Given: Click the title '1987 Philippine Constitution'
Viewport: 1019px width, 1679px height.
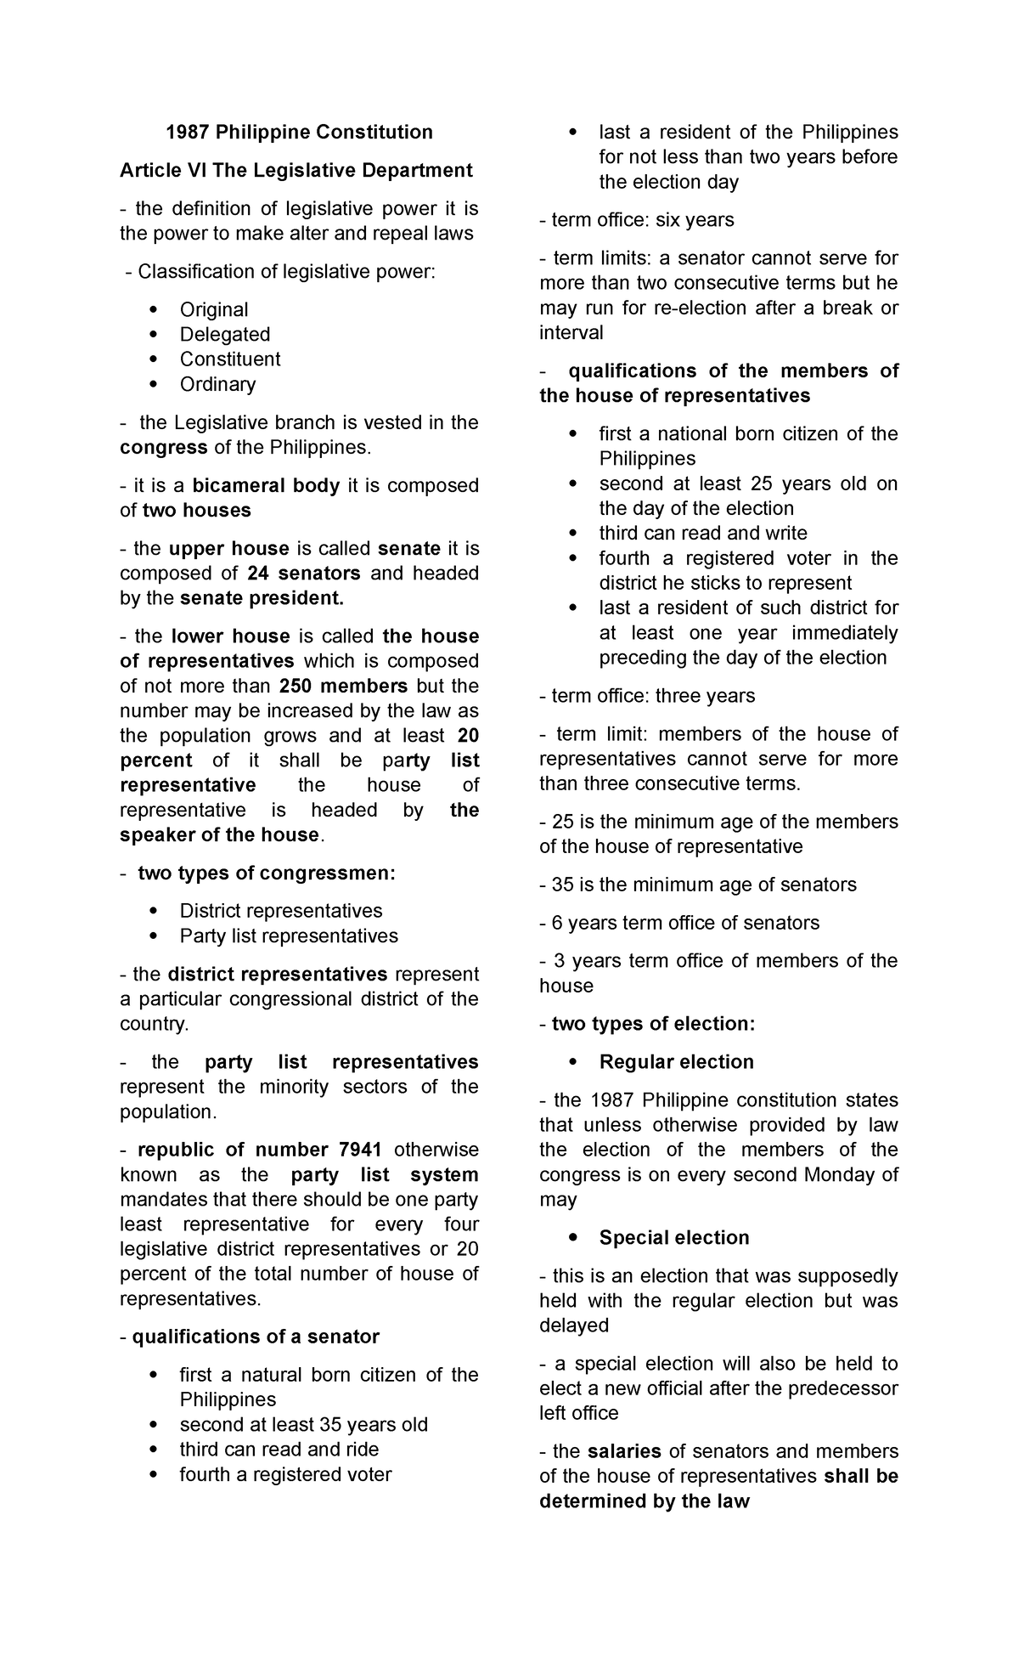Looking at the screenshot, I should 299,132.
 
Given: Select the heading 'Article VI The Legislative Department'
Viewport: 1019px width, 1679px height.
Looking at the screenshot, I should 296,170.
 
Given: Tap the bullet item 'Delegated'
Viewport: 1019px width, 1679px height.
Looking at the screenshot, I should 224,334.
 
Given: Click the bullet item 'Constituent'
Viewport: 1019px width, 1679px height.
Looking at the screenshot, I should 229,359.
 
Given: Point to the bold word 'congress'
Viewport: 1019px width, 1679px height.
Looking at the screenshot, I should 164,447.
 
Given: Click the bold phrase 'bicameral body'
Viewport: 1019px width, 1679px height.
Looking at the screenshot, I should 266,485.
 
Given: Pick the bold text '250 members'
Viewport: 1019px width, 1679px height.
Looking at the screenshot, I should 343,686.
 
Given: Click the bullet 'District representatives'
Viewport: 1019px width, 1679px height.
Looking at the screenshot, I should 280,911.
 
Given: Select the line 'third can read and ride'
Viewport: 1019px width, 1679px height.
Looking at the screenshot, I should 279,1449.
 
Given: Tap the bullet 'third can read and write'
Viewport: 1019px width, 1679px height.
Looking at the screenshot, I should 702,533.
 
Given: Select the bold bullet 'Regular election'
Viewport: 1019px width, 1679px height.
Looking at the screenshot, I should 676,1061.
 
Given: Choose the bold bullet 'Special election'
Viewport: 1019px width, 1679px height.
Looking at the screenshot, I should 673,1237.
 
